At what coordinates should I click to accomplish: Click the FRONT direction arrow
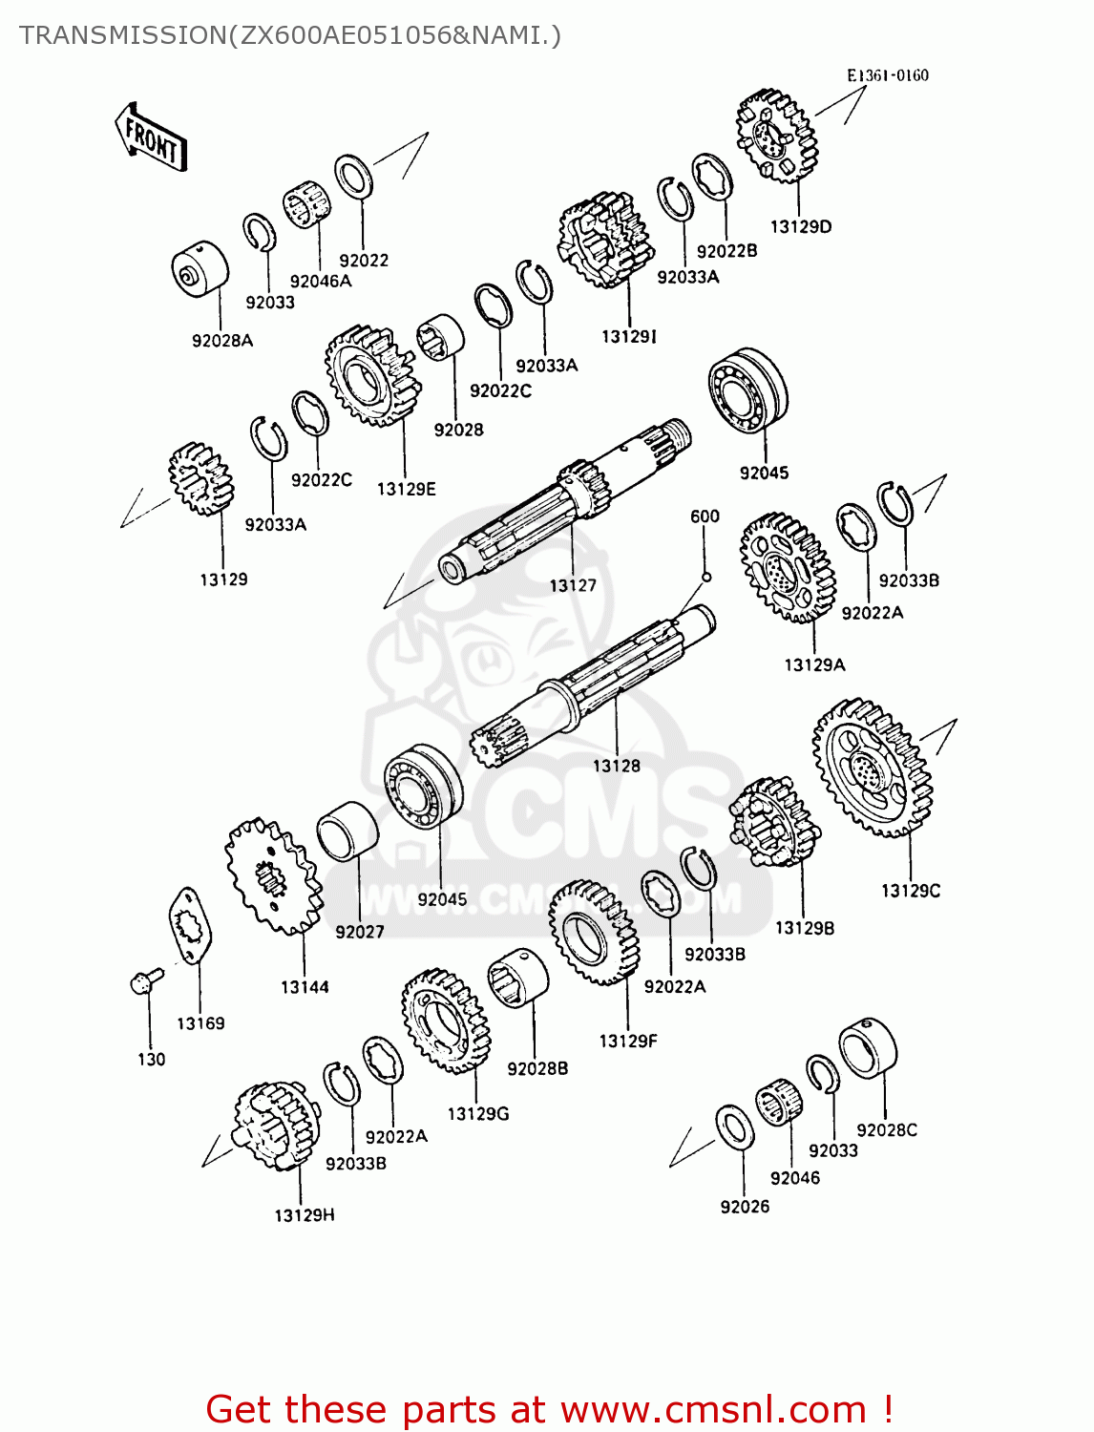point(151,137)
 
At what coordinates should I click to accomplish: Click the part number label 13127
point(572,585)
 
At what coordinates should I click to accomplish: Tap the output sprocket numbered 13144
point(273,875)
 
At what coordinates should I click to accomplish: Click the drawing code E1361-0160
point(887,75)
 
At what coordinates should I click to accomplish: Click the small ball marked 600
point(705,577)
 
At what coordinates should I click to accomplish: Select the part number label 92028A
point(222,341)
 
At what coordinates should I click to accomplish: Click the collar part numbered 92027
point(347,831)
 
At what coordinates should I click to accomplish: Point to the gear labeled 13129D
point(776,137)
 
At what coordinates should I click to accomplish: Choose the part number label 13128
point(616,766)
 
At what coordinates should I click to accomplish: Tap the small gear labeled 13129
point(200,478)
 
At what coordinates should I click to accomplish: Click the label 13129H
point(305,1215)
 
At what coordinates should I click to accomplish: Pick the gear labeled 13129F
point(593,932)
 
